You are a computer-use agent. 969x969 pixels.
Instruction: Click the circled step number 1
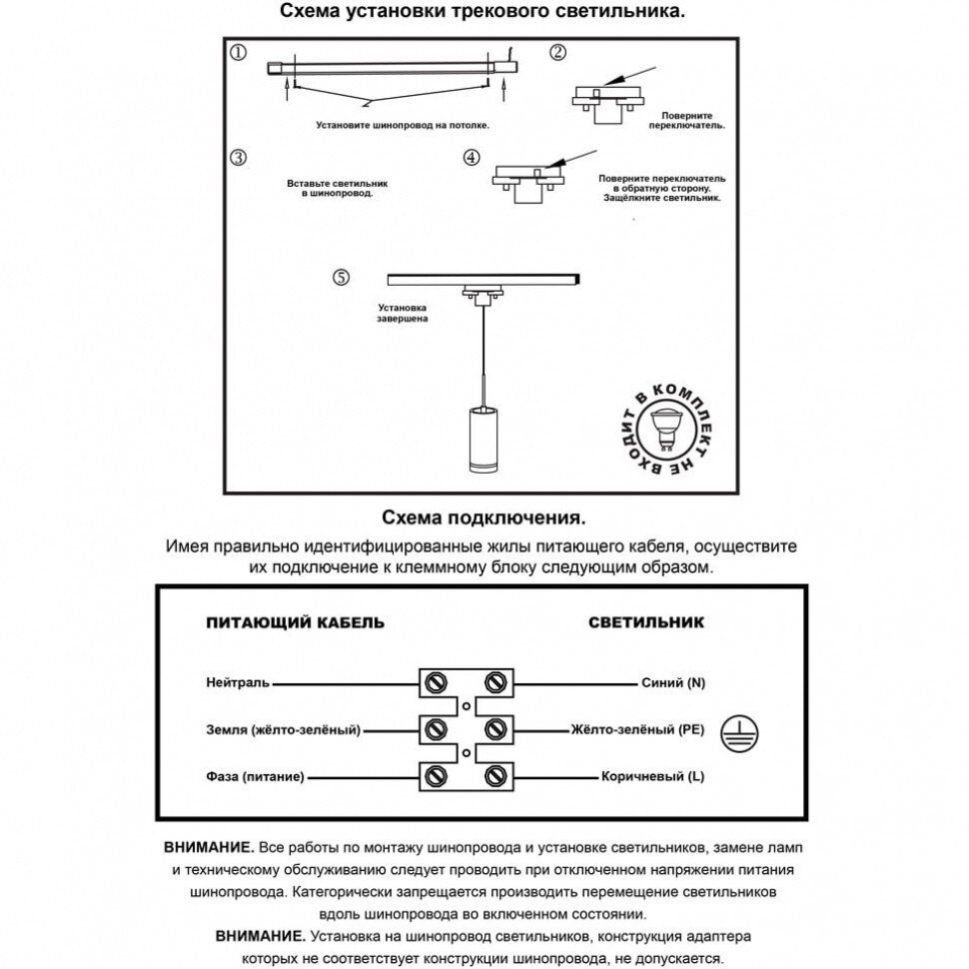click(x=238, y=53)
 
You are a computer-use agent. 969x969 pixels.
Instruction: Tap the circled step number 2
click(x=557, y=53)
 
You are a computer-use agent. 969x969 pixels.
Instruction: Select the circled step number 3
click(x=238, y=158)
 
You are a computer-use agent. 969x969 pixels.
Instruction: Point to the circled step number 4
click(x=472, y=159)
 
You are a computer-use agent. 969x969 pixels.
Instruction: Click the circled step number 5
click(x=342, y=278)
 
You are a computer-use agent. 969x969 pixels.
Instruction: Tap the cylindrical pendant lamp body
click(x=484, y=443)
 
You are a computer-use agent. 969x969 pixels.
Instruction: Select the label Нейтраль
click(x=238, y=683)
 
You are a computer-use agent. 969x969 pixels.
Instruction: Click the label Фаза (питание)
click(x=255, y=776)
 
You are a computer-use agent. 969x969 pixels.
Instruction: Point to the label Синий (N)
click(x=672, y=683)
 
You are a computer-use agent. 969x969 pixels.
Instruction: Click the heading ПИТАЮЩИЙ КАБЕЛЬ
click(x=295, y=622)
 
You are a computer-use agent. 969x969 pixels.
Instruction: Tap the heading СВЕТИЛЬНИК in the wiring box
click(x=645, y=622)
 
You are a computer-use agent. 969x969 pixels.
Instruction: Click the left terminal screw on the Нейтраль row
click(x=436, y=683)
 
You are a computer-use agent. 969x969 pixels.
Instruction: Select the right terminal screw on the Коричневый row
click(x=494, y=776)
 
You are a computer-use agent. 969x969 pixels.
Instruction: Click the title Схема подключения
click(x=483, y=519)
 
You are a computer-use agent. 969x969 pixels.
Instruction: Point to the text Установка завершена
click(x=403, y=314)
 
